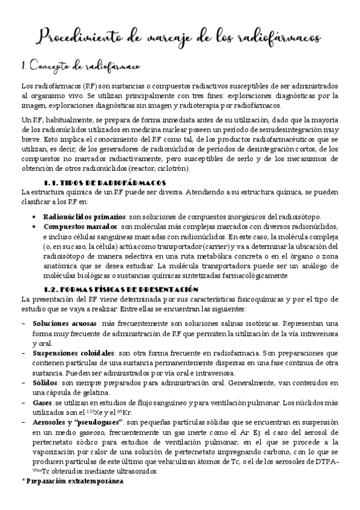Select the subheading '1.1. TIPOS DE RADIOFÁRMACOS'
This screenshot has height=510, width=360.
click(x=105, y=182)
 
